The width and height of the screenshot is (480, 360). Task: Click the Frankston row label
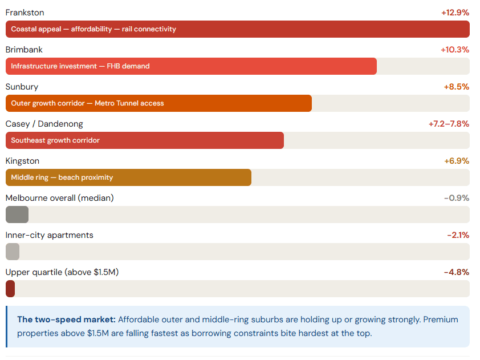coord(25,13)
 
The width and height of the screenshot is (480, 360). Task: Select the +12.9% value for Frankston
coord(455,13)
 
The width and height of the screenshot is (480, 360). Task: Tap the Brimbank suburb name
coord(24,50)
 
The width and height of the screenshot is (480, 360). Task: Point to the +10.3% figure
coord(455,50)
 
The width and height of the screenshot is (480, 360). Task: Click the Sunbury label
coord(22,87)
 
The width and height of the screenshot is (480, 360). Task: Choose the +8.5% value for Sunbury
coord(456,87)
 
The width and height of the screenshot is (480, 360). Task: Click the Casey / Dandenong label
coord(44,124)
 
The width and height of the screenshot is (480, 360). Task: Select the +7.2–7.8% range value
coord(449,124)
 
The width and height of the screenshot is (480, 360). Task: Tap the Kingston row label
coord(22,161)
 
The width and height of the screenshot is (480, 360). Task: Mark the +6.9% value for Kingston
coord(456,161)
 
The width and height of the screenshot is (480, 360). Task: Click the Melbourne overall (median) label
coord(59,198)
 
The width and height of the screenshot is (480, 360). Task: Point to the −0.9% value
coord(456,198)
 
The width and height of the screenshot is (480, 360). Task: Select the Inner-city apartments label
coord(49,235)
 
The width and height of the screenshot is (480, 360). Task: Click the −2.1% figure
coord(458,235)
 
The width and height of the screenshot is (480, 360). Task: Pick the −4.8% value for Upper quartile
coord(456,272)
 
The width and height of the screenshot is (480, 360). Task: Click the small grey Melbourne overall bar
coord(17,215)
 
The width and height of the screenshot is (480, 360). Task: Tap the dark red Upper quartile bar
coord(10,289)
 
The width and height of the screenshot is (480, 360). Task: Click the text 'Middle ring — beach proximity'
coord(62,177)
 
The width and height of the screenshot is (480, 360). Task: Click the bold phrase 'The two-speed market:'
coord(66,319)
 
